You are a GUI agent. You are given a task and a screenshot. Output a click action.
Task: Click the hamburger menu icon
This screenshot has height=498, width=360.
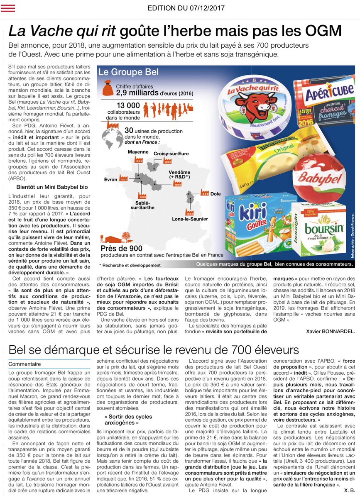point(8,7)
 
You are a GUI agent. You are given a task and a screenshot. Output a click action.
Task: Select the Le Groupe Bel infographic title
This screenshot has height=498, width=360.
point(128,72)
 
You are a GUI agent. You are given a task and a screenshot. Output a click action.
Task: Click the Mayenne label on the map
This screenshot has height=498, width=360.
point(138,151)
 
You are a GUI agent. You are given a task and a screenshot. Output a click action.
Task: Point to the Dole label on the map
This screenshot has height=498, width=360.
point(216,194)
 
